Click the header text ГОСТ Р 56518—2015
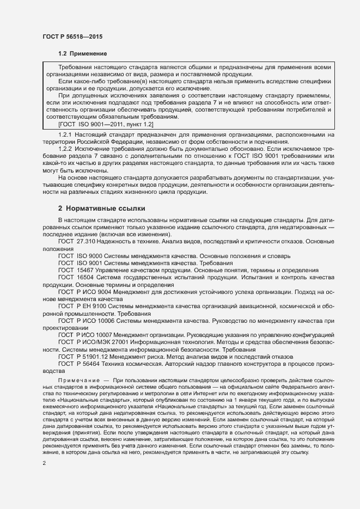72,37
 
